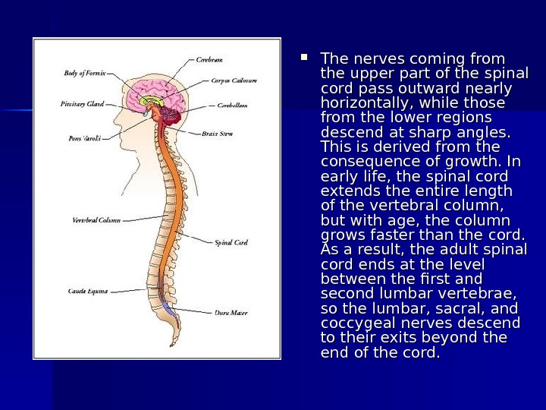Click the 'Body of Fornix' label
click(x=85, y=74)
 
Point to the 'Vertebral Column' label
click(x=96, y=220)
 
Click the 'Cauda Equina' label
click(x=88, y=291)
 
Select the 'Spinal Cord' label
click(x=231, y=243)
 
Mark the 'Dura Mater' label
click(x=230, y=312)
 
